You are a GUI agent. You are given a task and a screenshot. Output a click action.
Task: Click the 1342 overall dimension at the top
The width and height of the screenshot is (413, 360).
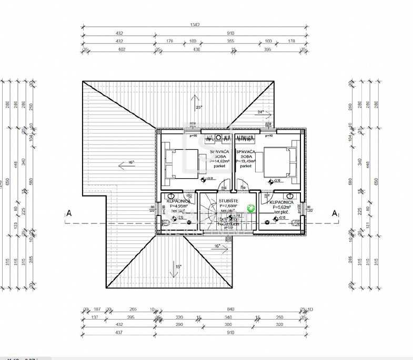195,24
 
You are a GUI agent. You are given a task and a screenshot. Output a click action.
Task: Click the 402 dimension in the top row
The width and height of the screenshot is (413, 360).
122,49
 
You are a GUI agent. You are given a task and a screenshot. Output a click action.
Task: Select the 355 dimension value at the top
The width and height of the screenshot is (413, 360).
230,40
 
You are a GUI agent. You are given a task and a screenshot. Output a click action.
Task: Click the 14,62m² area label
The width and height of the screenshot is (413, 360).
219,161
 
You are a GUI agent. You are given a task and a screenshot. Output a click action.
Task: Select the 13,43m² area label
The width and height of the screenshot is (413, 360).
245,161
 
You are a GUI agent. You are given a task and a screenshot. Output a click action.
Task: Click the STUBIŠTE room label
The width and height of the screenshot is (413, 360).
228,201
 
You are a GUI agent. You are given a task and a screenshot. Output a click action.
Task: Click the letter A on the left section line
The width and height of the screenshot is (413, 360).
68,213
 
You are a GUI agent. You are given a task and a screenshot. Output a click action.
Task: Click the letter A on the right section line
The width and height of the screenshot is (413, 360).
334,213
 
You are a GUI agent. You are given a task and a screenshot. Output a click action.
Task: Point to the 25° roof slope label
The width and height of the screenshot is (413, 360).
199,107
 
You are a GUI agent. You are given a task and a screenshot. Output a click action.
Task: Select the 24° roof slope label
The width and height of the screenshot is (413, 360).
260,112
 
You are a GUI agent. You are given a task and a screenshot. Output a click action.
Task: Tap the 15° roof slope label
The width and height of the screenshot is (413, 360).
178,267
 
